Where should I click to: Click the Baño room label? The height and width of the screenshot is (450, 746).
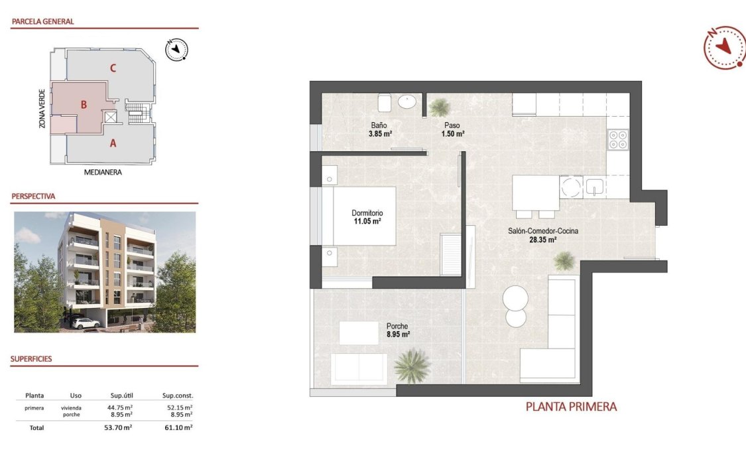379,125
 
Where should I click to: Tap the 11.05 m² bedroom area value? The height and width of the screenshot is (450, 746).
367,222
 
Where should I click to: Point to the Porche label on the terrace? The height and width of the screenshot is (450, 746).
397,326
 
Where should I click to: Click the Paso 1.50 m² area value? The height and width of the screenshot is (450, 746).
452,133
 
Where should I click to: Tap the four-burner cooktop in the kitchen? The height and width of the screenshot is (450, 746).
618,139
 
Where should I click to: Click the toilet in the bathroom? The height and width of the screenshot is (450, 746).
385,103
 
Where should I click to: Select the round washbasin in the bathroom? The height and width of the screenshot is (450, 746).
406,102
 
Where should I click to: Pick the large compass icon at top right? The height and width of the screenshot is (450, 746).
724,47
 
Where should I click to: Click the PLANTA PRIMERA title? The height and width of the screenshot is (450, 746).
571,407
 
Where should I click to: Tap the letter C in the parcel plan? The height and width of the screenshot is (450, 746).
113,67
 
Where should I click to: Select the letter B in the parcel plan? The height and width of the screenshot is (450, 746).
84,104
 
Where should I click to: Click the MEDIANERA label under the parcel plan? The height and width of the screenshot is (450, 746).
103,172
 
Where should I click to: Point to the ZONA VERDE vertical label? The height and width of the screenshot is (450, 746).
42,109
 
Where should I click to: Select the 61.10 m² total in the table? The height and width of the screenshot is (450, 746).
179,428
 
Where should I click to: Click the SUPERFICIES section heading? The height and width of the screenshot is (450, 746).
31,359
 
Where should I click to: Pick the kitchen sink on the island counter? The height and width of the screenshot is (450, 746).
594,188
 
